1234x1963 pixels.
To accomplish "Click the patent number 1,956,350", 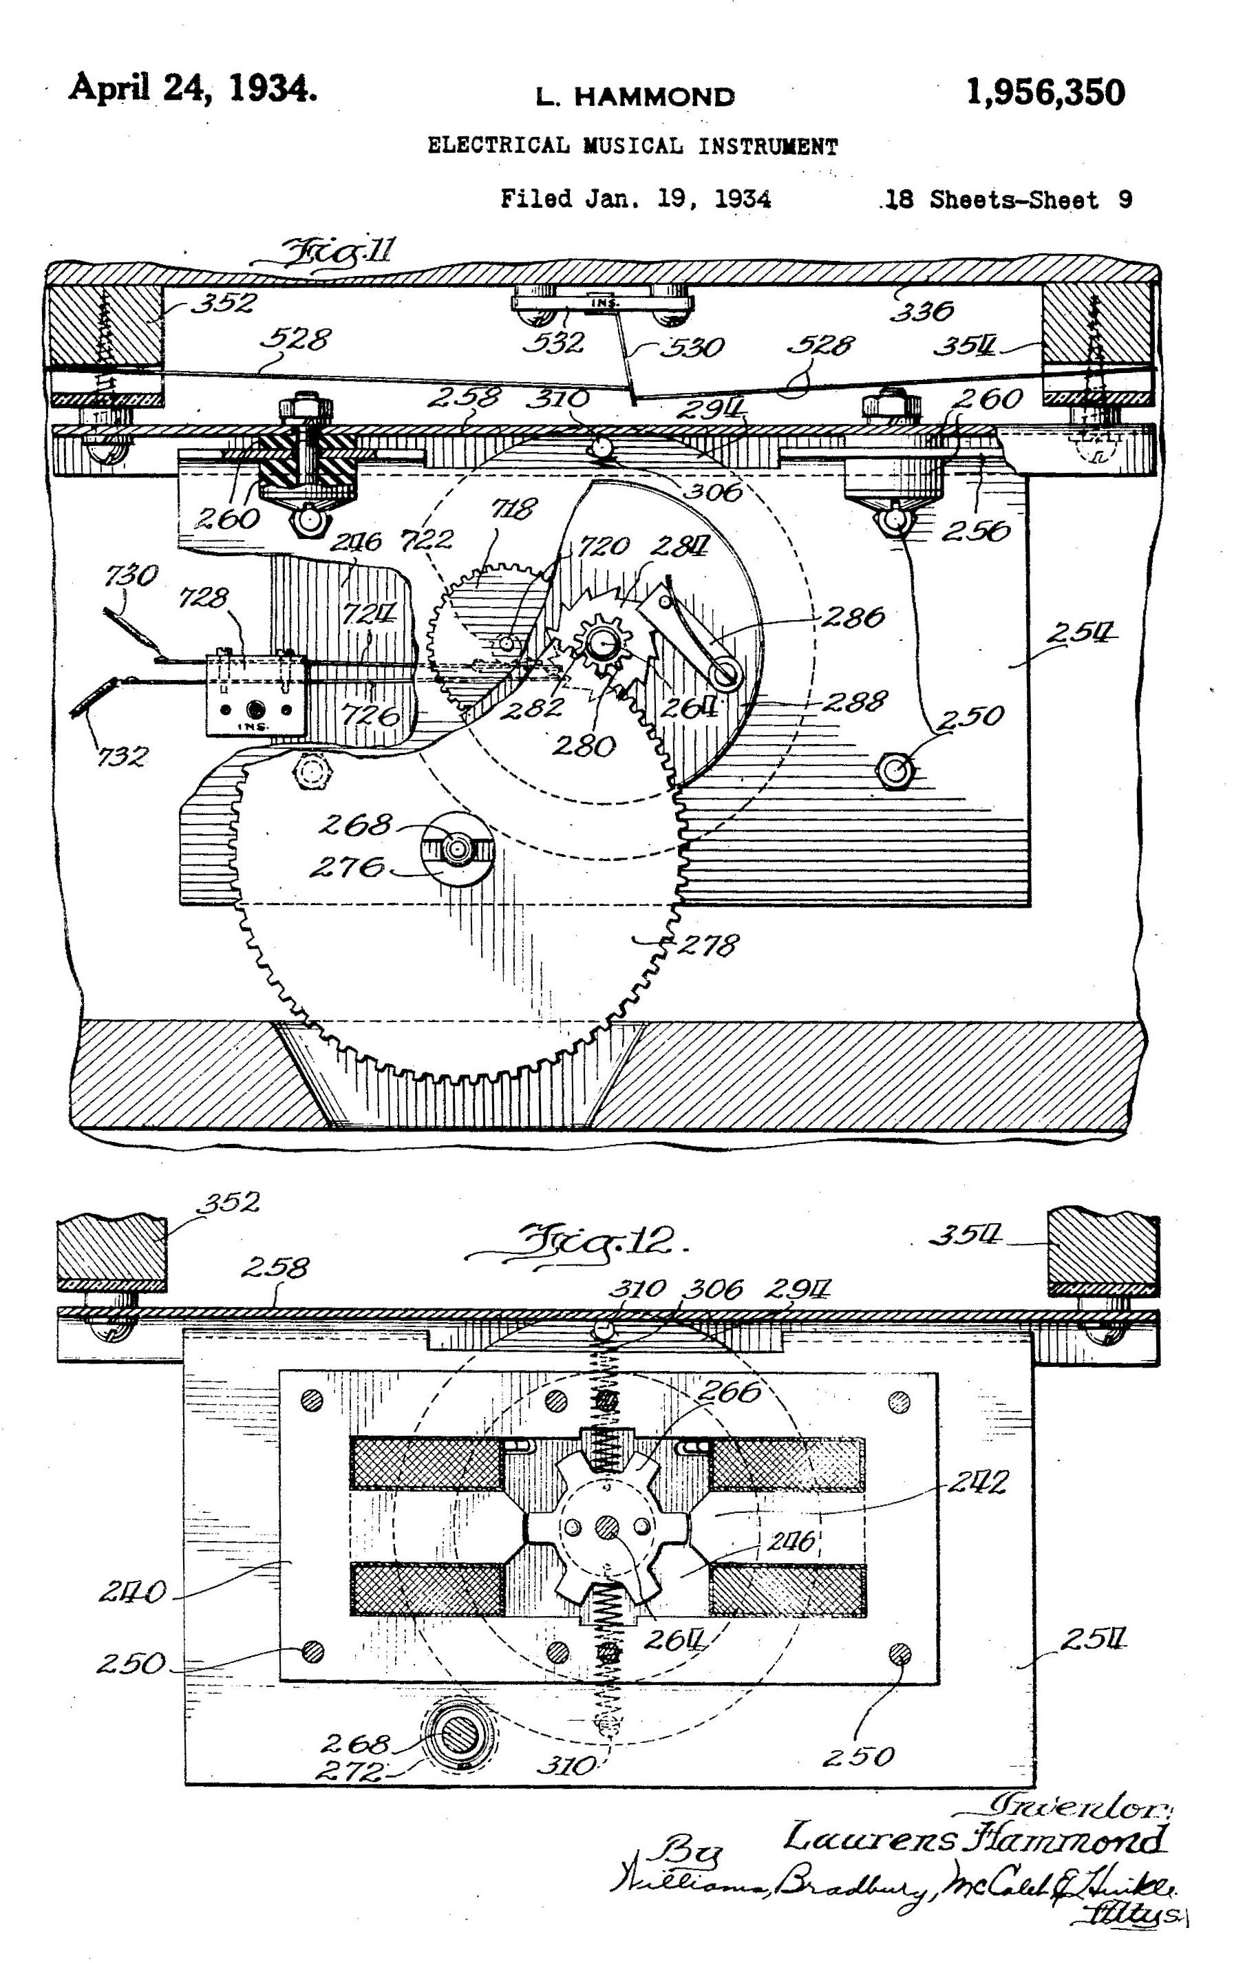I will [1045, 92].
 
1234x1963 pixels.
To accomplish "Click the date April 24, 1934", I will [192, 87].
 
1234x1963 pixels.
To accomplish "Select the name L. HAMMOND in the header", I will [635, 97].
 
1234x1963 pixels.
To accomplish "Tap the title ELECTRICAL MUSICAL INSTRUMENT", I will [632, 147].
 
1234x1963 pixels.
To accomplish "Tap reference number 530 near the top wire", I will [691, 348].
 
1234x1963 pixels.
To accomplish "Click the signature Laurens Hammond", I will [975, 1838].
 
